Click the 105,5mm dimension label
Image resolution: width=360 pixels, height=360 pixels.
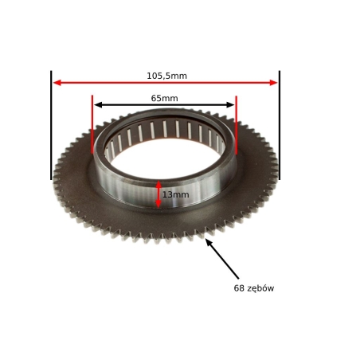coord(166,76)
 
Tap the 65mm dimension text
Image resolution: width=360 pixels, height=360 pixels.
coord(164,98)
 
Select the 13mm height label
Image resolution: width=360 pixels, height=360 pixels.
coord(176,194)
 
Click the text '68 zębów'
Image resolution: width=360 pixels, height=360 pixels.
coord(254,288)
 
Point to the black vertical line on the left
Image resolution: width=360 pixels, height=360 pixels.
coord(51,125)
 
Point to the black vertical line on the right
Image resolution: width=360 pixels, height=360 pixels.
coord(280,125)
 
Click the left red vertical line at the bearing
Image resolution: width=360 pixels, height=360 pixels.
coord(92,124)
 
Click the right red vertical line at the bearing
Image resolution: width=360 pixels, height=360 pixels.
coord(236,125)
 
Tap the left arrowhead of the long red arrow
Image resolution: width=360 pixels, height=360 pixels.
coord(57,83)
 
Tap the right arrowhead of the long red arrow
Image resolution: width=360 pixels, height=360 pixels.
coord(273,83)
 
